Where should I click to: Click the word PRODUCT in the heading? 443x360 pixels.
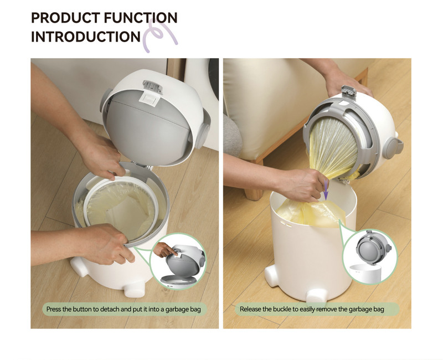pos(65,18)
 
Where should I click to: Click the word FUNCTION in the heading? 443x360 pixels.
pos(141,18)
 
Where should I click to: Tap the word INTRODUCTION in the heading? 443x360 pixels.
pos(86,37)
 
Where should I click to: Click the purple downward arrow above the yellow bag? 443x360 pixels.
pos(326,189)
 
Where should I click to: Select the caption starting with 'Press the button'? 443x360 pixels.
pos(123,309)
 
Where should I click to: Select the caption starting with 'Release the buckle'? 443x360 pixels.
pos(312,309)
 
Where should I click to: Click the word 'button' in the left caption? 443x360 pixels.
pos(82,309)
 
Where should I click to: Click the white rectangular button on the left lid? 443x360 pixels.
pos(148,99)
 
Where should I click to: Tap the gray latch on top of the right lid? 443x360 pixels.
pos(349,91)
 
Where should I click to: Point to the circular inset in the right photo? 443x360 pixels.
pos(370,257)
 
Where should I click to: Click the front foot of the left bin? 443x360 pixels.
pos(135,289)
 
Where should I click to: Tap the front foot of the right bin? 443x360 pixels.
pos(317,297)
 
